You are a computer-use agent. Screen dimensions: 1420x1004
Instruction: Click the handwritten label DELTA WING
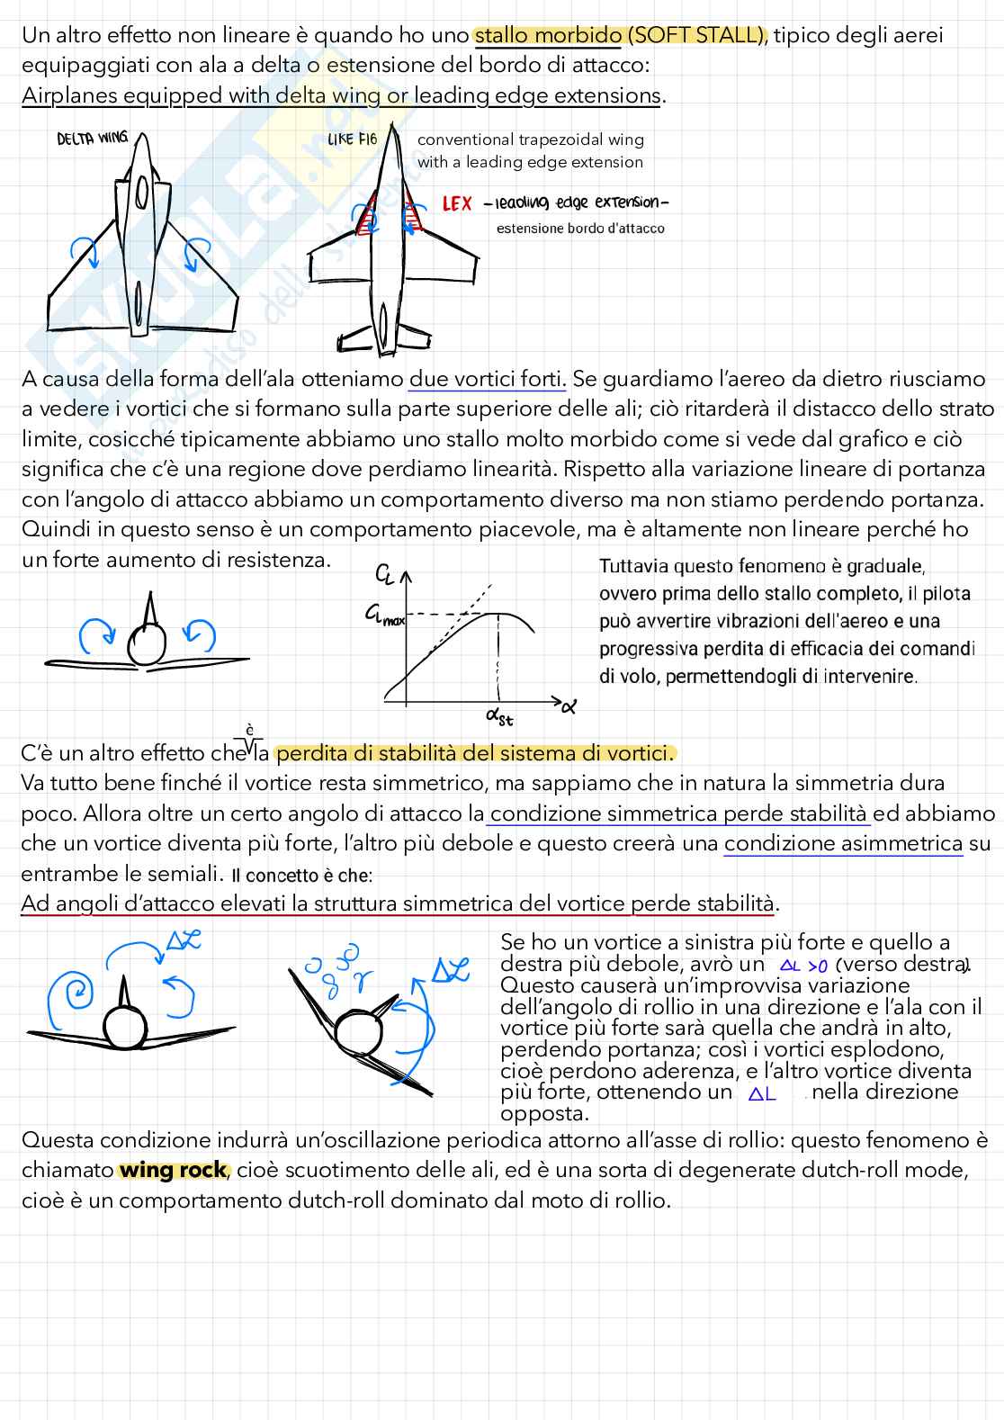click(x=92, y=139)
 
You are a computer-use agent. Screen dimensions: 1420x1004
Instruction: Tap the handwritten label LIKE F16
click(x=353, y=139)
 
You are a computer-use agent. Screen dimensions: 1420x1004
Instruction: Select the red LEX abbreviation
click(x=457, y=204)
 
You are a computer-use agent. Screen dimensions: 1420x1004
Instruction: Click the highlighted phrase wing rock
click(x=173, y=1170)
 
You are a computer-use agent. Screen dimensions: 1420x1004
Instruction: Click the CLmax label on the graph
click(x=384, y=616)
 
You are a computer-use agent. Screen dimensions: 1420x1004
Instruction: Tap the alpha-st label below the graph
click(x=498, y=716)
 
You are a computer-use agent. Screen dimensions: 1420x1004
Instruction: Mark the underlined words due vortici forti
click(x=487, y=379)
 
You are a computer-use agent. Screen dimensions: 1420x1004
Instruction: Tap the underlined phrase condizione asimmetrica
click(x=843, y=843)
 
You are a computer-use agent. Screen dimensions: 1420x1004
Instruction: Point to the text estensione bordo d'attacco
click(x=580, y=229)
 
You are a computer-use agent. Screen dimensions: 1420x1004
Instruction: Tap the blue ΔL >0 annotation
click(x=803, y=966)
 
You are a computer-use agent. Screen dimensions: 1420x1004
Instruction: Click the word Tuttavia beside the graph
click(x=633, y=566)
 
